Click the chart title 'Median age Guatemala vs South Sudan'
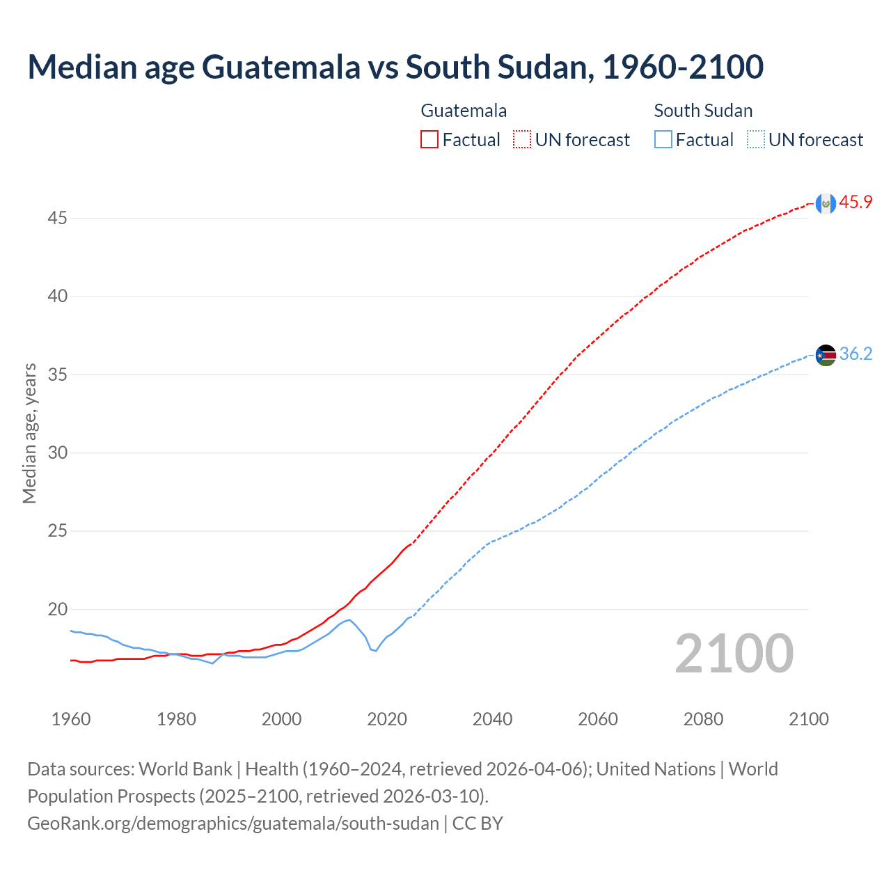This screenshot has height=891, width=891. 395,68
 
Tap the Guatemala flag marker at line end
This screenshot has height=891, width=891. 826,203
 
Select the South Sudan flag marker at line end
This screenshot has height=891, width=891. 826,355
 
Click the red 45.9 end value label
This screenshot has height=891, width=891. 855,203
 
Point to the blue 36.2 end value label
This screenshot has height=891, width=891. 855,354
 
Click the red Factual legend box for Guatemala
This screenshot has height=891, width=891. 429,140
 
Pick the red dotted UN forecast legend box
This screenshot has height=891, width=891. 522,140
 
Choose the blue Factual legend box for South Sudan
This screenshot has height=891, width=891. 663,140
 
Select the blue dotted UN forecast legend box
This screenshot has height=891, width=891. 756,140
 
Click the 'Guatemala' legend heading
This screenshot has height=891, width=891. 464,111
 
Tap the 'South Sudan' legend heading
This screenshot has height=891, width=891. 703,111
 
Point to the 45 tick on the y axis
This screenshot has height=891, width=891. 57,219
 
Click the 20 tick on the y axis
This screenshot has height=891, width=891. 57,610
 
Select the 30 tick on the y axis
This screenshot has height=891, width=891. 57,453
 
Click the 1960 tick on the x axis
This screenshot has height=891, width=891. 71,719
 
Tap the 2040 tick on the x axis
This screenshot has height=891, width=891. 492,719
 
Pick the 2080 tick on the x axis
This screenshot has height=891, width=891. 703,719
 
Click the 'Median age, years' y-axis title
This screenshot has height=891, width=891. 29,433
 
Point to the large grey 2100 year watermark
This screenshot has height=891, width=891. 734,653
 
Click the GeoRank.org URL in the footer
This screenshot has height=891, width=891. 233,823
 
